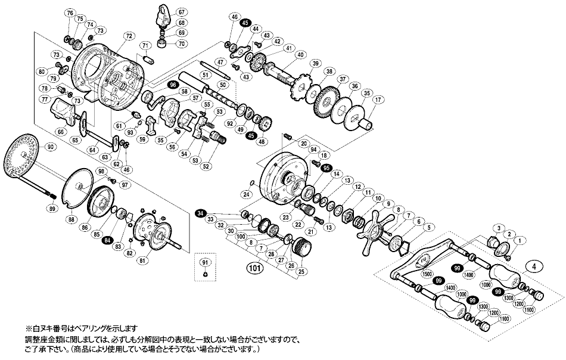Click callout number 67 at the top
(182, 12)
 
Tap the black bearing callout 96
(173, 85)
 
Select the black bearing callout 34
(201, 213)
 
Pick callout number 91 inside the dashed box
(204, 262)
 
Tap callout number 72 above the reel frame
(128, 36)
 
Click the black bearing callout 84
(107, 240)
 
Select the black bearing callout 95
(326, 169)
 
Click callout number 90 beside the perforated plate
(49, 147)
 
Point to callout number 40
(300, 55)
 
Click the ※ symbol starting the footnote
(27, 328)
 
